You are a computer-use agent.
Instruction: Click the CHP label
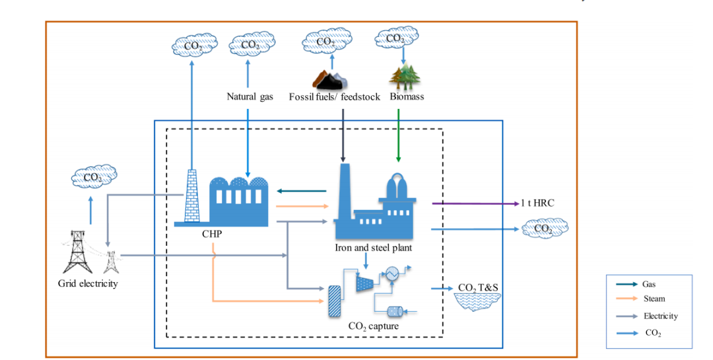pyautogui.click(x=211, y=234)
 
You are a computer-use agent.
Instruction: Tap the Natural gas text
pyautogui.click(x=250, y=97)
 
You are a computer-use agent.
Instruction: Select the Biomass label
pyautogui.click(x=406, y=97)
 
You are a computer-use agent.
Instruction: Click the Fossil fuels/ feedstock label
pyautogui.click(x=335, y=97)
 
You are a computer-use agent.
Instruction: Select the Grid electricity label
pyautogui.click(x=88, y=284)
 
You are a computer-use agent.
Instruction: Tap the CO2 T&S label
pyautogui.click(x=477, y=289)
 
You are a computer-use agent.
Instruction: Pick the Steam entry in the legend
pyautogui.click(x=654, y=299)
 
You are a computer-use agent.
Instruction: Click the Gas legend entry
pyautogui.click(x=649, y=284)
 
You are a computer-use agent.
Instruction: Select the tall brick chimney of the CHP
pyautogui.click(x=191, y=196)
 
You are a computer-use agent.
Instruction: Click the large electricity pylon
pyautogui.click(x=78, y=252)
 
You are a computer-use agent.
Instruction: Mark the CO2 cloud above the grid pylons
pyautogui.click(x=93, y=177)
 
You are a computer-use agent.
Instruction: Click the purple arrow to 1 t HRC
pyautogui.click(x=475, y=203)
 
